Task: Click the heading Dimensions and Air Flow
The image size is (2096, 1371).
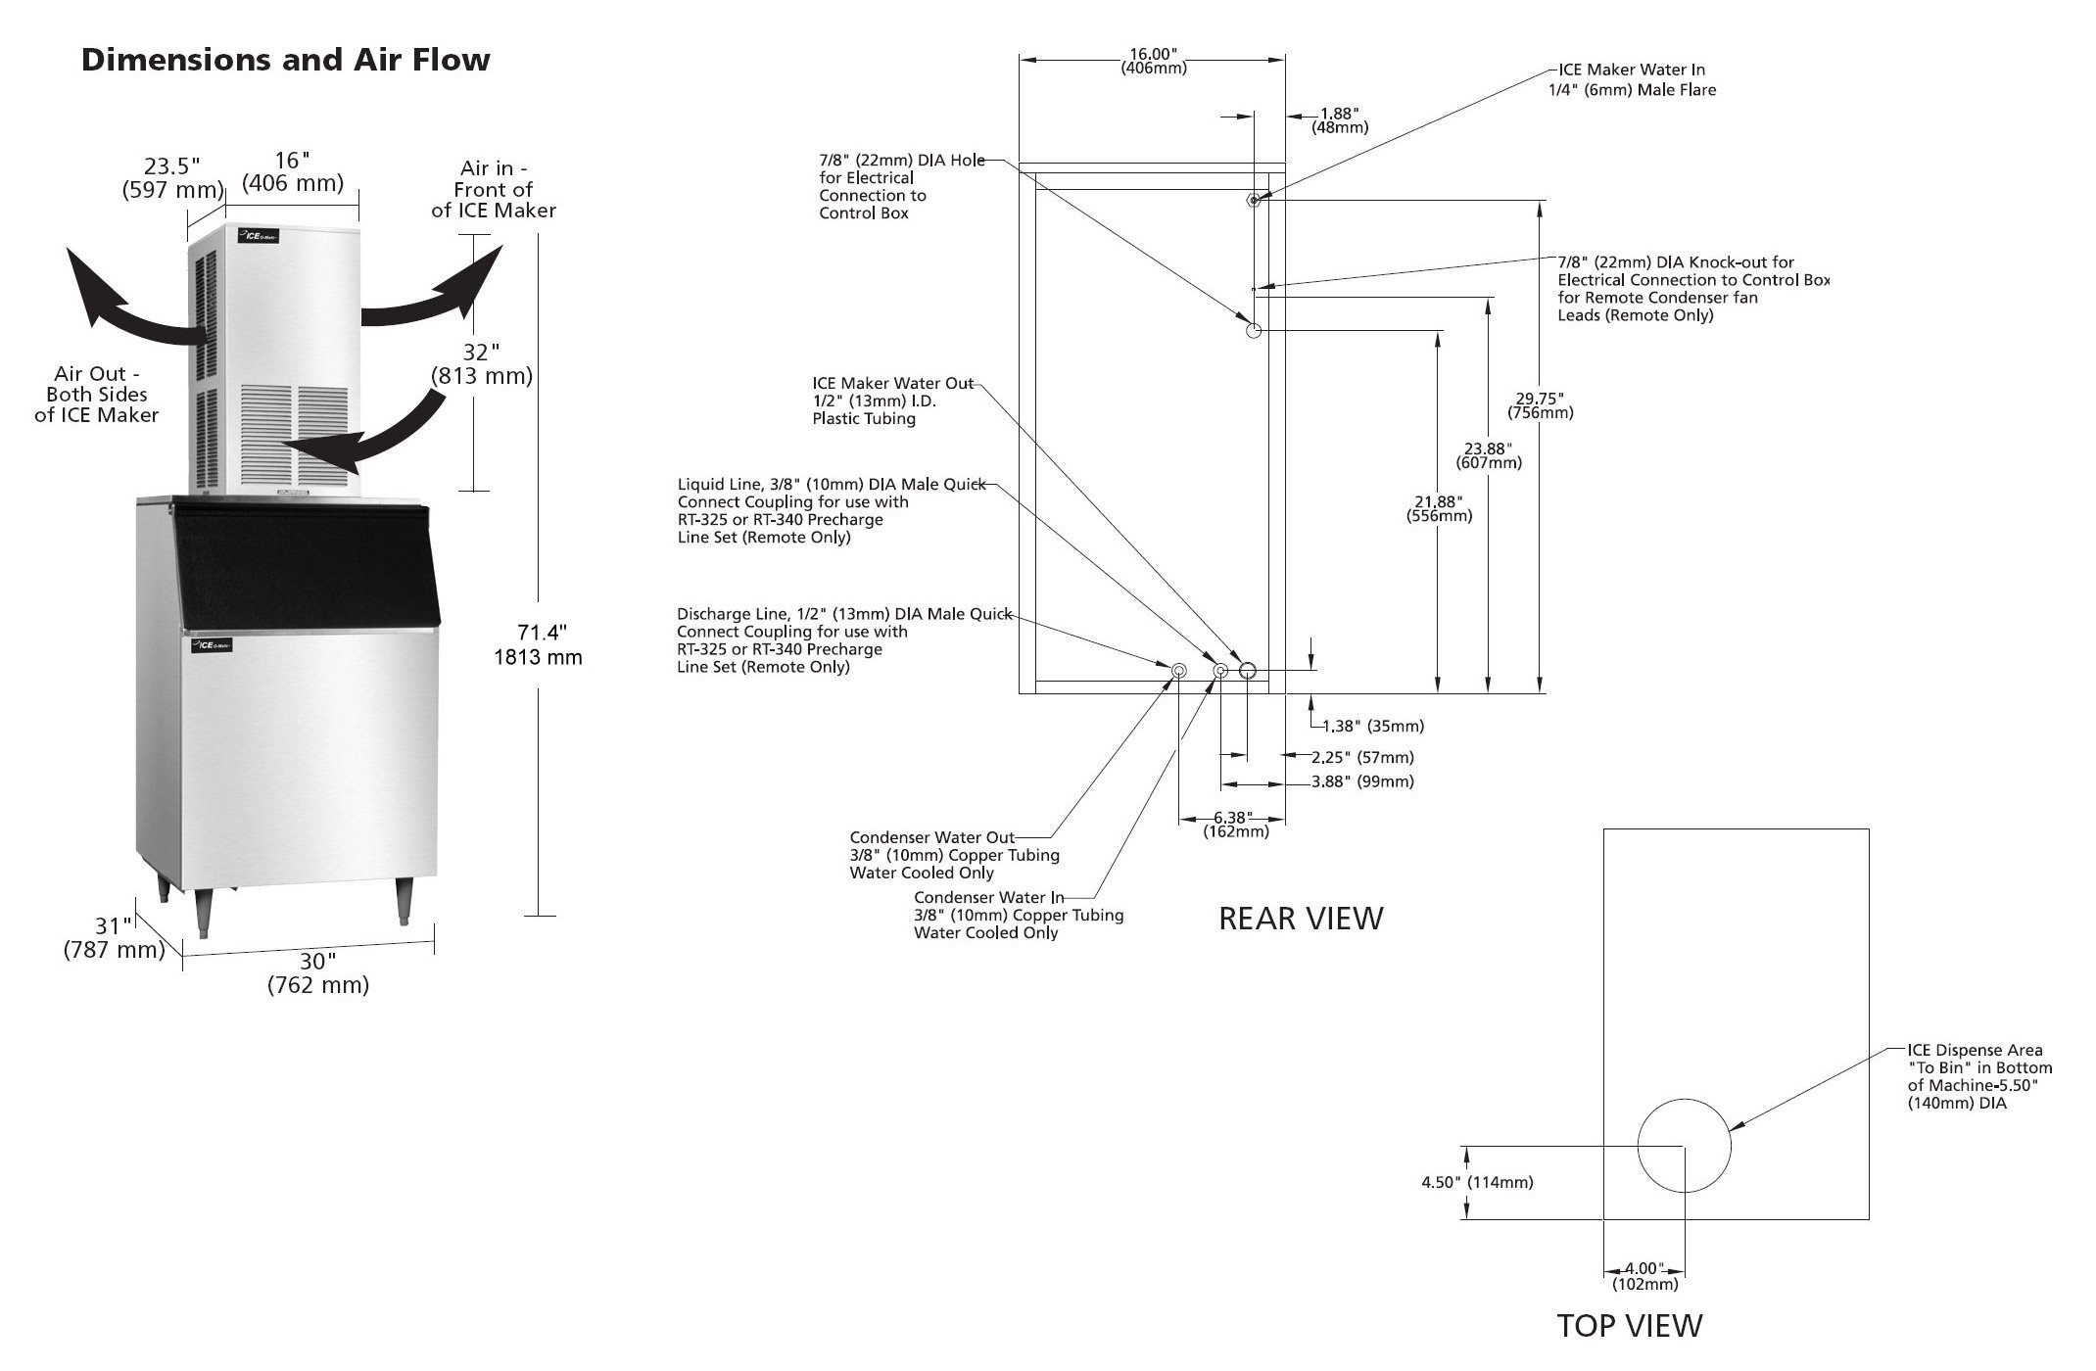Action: point(285,60)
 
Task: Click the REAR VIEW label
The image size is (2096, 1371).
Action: point(1301,918)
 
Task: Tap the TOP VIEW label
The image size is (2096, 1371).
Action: point(1630,1325)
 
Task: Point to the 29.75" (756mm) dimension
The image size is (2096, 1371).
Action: point(1540,405)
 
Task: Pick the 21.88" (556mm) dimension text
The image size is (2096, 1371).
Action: point(1439,508)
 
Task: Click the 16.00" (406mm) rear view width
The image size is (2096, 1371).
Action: point(1154,61)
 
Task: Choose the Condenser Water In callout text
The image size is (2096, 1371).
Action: point(1019,915)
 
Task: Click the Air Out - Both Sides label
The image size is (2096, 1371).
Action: point(97,394)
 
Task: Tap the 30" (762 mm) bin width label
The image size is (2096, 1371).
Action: point(318,973)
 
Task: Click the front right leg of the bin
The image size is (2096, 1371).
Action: point(403,900)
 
